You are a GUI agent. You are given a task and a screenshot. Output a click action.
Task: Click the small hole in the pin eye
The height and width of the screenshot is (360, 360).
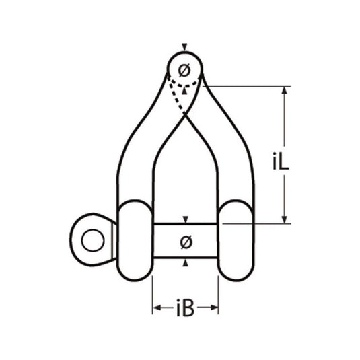coord(91,239)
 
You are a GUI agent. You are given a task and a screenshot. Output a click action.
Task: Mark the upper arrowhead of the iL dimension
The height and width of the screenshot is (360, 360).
coord(285,90)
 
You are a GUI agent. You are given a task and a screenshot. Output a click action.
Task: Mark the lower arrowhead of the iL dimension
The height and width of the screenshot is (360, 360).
coord(285,219)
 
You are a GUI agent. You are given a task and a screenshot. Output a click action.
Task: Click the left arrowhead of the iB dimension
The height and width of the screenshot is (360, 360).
coord(156,308)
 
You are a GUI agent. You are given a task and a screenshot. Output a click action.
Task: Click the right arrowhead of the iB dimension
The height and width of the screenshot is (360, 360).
coord(215,308)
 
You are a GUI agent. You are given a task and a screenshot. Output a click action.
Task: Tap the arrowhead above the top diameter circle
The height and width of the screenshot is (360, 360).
coord(185,48)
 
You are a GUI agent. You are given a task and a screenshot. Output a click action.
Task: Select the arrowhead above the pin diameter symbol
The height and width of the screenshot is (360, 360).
coord(186,220)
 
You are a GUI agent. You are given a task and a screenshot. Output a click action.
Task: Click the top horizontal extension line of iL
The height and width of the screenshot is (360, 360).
coord(249,86)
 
